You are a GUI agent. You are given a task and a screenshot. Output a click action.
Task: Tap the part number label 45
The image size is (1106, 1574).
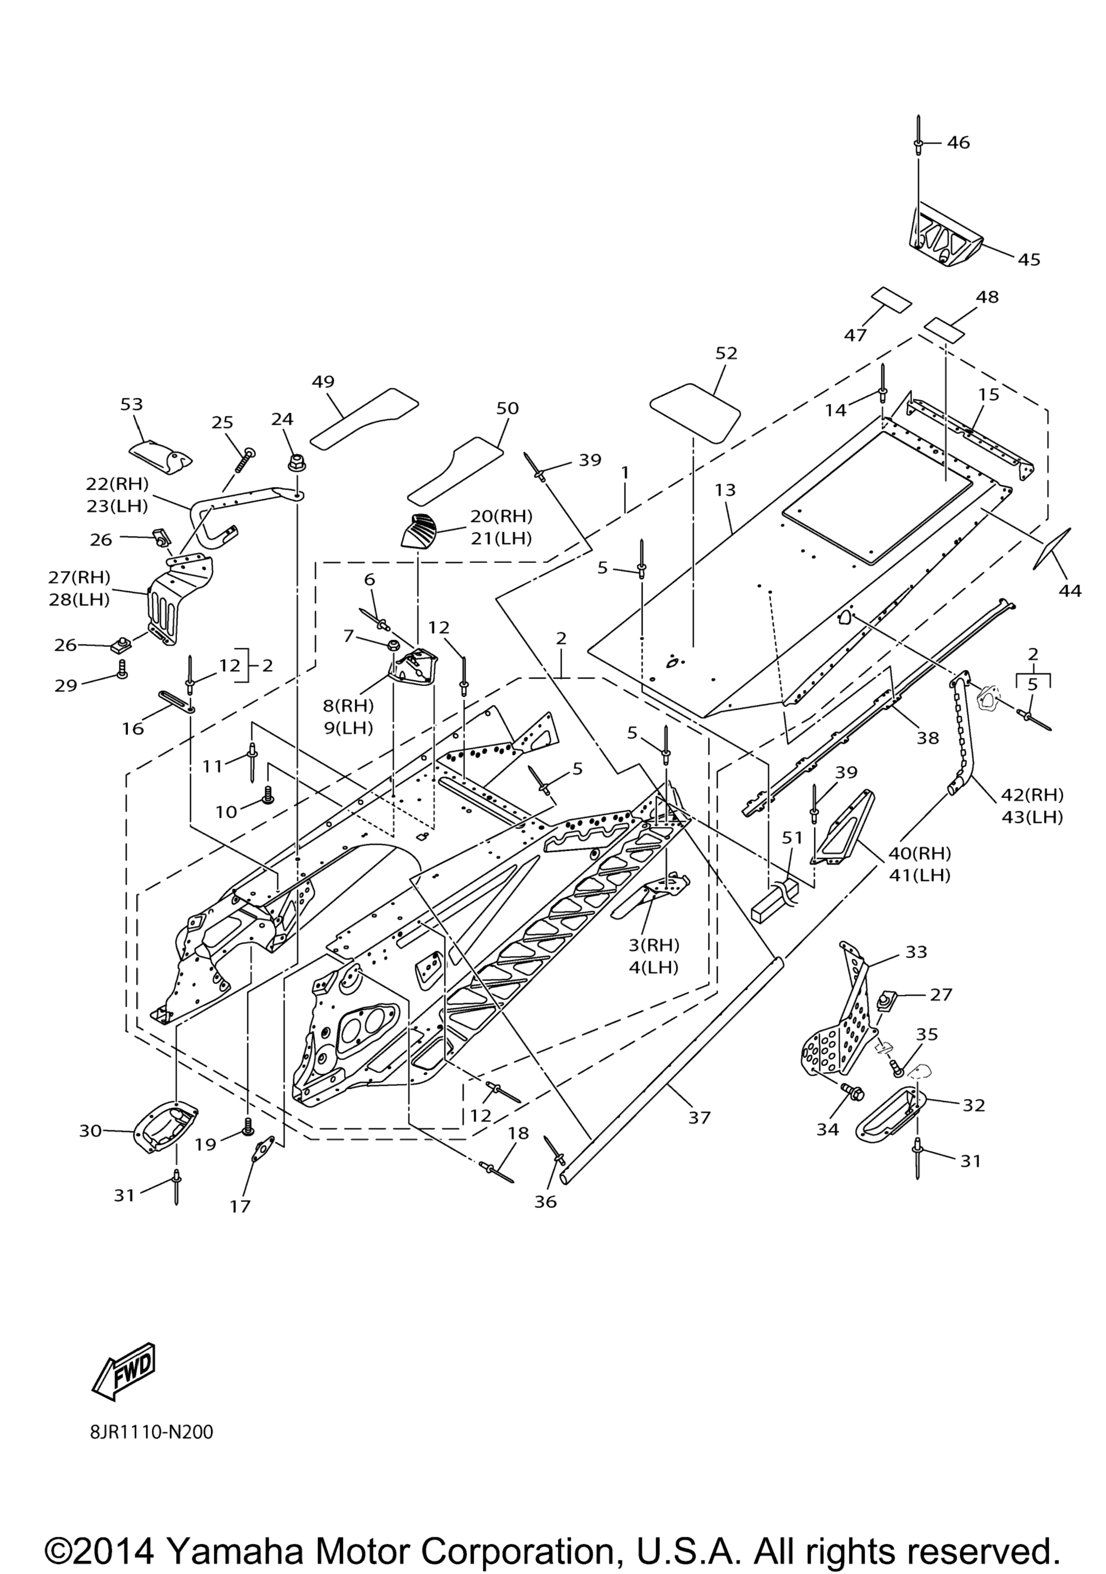(x=1029, y=259)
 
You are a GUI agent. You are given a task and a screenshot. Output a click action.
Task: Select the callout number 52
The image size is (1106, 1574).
(x=726, y=353)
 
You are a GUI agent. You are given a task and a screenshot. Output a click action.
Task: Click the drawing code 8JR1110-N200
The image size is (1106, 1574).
(x=152, y=1433)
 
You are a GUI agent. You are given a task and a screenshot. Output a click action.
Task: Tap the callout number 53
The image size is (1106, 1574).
(x=132, y=404)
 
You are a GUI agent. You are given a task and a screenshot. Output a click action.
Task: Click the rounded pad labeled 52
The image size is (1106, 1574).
(x=694, y=412)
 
